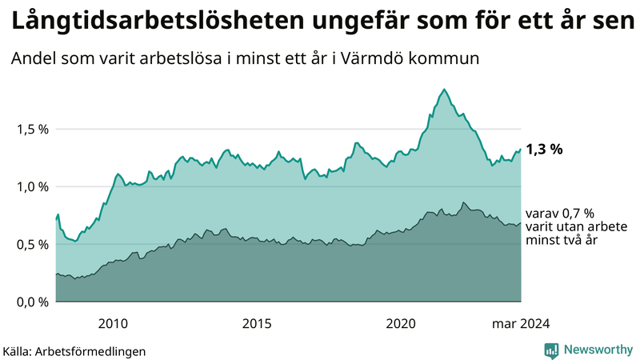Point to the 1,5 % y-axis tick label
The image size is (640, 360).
[32, 129]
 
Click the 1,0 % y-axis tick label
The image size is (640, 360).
[32, 186]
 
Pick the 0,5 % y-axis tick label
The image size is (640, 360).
[32, 244]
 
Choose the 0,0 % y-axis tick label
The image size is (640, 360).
[32, 302]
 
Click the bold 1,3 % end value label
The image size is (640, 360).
[544, 149]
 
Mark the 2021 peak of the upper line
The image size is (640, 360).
[444, 90]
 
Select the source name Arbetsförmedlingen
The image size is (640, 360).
[95, 350]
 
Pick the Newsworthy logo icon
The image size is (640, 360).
[551, 350]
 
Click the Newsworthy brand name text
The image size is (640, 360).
[598, 350]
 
